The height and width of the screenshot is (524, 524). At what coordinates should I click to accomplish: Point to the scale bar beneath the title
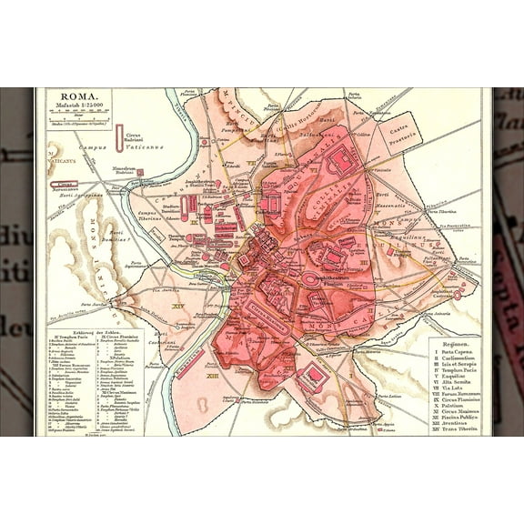click(x=76, y=119)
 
